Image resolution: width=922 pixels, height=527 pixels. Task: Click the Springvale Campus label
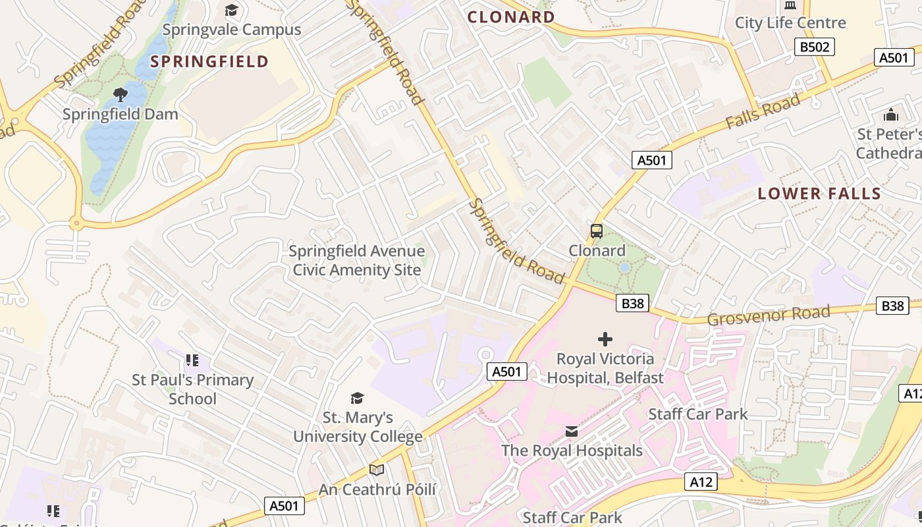tap(231, 30)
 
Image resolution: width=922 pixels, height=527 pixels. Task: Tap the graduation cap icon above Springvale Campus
tap(231, 10)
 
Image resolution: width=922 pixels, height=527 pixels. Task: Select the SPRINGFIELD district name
tap(209, 62)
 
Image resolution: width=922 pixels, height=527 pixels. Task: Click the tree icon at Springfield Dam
tap(121, 95)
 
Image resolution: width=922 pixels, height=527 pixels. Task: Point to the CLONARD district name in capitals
tap(511, 17)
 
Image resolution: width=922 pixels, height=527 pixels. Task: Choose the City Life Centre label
tap(790, 23)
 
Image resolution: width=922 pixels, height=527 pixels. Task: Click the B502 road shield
tap(815, 47)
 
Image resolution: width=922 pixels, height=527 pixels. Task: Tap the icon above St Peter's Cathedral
tap(891, 115)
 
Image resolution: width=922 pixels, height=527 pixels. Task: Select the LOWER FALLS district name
tap(819, 194)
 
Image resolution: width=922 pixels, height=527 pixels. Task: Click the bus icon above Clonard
tap(597, 231)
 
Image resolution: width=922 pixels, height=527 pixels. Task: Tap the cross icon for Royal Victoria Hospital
tap(605, 339)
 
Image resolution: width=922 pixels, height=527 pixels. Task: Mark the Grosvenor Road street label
tap(768, 316)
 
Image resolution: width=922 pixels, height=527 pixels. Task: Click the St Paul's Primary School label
tap(192, 389)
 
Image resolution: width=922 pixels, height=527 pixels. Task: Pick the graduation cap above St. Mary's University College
tap(357, 398)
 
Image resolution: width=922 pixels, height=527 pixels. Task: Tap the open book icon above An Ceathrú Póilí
tap(377, 470)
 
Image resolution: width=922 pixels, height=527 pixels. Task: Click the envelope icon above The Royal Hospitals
tap(572, 431)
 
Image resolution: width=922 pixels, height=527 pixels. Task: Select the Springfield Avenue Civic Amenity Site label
tap(357, 260)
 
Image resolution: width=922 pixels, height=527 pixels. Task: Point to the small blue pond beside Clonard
tap(624, 268)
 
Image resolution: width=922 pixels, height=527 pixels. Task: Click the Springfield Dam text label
tap(121, 115)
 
